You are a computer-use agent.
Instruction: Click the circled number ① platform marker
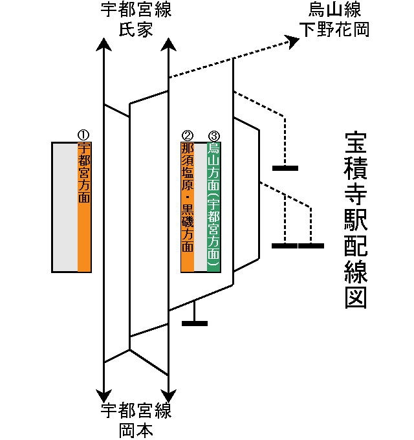click(83, 135)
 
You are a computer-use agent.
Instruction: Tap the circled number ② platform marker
click(188, 135)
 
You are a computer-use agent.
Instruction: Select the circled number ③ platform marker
click(214, 135)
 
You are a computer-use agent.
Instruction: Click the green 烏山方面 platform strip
click(214, 207)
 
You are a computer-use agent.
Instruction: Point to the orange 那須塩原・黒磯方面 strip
click(188, 207)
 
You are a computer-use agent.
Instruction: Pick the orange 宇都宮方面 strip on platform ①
click(84, 207)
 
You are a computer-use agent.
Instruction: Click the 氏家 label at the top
click(136, 29)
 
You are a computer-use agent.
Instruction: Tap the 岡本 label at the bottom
click(136, 429)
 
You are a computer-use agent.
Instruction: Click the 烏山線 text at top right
click(335, 10)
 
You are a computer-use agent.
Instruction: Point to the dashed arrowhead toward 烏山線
click(292, 42)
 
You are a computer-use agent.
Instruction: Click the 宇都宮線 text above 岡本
click(136, 411)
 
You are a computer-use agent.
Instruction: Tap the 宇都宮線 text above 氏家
click(136, 10)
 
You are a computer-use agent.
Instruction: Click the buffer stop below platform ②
click(195, 322)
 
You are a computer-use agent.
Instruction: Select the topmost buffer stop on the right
click(285, 168)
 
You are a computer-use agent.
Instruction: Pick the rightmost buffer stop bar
click(311, 246)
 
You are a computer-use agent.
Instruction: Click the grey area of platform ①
click(65, 207)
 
